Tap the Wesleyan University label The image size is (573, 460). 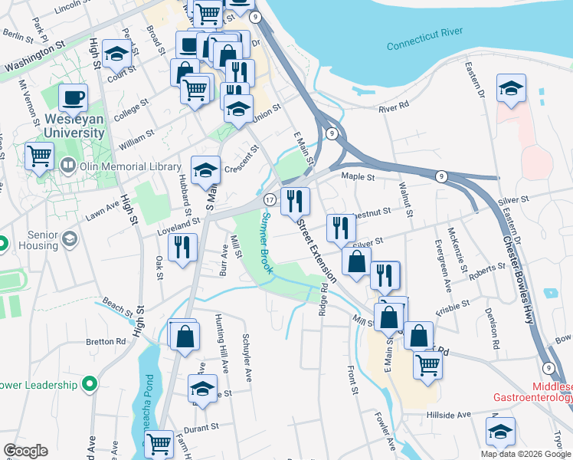pyautogui.click(x=74, y=126)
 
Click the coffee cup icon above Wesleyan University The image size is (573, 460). pyautogui.click(x=74, y=97)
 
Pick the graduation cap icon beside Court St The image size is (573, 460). pyautogui.click(x=116, y=54)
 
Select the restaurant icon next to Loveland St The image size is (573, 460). pyautogui.click(x=182, y=247)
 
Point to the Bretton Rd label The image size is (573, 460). pyautogui.click(x=106, y=341)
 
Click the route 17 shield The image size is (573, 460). pyautogui.click(x=270, y=199)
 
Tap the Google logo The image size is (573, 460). pyautogui.click(x=27, y=450)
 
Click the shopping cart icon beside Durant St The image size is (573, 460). pyautogui.click(x=159, y=442)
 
